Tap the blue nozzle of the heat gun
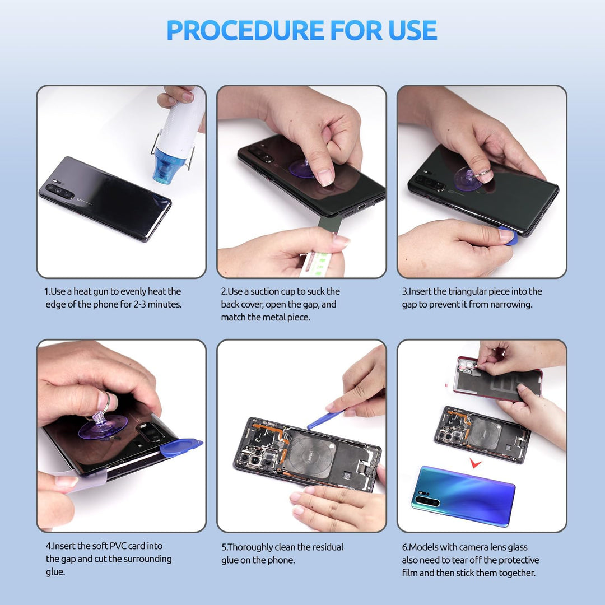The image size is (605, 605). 169,165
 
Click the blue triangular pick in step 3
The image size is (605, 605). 509,236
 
